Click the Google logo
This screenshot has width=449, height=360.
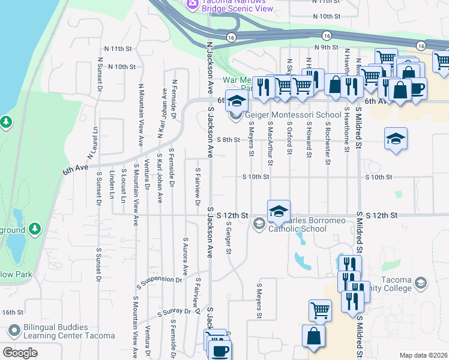click(x=20, y=353)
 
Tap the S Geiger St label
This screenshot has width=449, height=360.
click(x=229, y=237)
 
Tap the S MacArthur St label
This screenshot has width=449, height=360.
click(x=271, y=144)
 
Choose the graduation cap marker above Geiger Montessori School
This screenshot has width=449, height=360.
click(x=237, y=101)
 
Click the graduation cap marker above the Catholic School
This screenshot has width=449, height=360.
click(x=279, y=211)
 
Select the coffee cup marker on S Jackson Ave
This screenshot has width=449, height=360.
click(x=220, y=349)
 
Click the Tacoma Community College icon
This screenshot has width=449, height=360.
click(x=421, y=283)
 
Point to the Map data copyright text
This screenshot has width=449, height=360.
click(x=424, y=355)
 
